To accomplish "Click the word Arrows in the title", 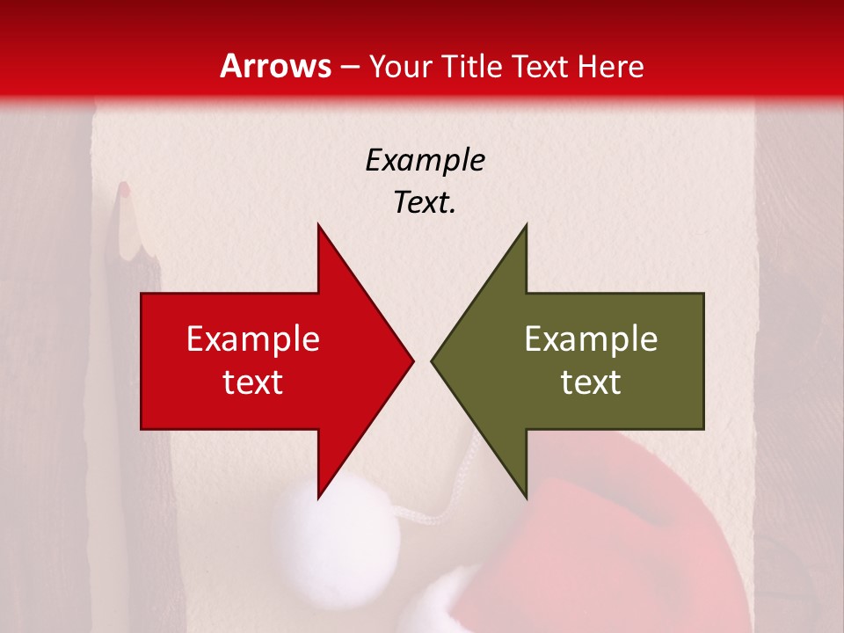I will click(276, 66).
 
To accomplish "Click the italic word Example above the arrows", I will click(425, 161).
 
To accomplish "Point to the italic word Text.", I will click(425, 203).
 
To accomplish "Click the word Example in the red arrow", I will click(253, 339).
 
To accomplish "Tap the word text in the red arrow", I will click(253, 382).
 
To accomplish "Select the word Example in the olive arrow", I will click(591, 339).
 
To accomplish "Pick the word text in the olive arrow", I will click(591, 382).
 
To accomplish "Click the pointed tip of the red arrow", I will click(411, 360).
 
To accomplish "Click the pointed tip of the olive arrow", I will click(433, 360).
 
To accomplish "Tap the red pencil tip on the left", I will click(124, 188).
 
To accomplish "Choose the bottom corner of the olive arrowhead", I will click(526, 497).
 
